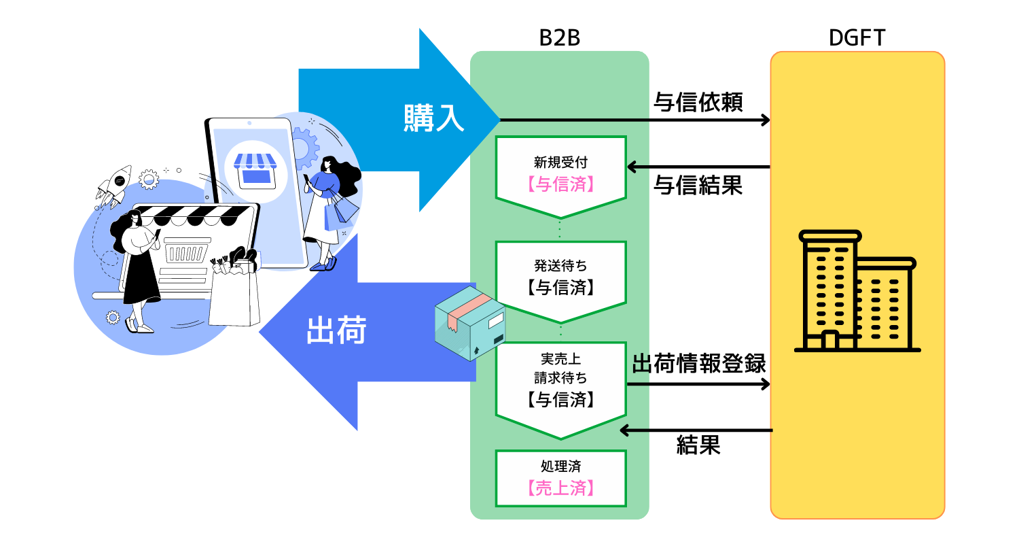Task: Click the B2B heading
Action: click(559, 38)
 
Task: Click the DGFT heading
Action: click(857, 38)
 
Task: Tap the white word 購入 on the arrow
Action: click(433, 118)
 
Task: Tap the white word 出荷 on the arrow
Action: click(337, 332)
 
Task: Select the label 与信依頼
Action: click(698, 102)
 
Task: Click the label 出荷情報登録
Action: click(699, 364)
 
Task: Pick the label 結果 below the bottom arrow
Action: click(698, 445)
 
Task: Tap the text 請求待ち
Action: click(560, 379)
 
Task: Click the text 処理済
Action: click(560, 466)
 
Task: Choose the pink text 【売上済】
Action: click(560, 488)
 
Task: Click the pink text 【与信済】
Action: click(560, 184)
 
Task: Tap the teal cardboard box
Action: click(469, 322)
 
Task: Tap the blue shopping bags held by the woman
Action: click(340, 210)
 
